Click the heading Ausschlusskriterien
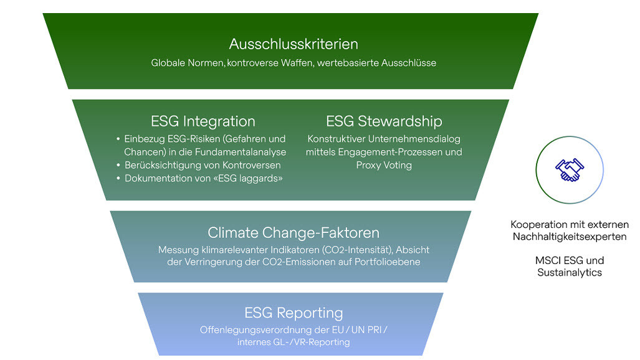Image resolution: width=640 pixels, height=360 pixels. pos(294,44)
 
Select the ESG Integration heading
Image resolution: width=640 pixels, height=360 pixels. pos(203,121)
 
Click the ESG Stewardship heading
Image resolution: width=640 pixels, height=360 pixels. pos(384,121)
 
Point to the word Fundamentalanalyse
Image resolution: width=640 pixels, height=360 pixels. pos(241,152)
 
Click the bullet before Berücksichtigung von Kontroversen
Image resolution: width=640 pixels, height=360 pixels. pos(118,165)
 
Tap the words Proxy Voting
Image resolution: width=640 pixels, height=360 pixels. pos(384,165)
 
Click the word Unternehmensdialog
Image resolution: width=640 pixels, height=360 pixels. pos(414,139)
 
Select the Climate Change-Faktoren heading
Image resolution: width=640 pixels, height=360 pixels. pos(294,233)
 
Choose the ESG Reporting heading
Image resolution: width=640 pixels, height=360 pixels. pos(294,313)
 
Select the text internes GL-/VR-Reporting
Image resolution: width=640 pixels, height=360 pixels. pos(294,342)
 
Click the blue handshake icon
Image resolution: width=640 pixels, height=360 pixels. pos(570,170)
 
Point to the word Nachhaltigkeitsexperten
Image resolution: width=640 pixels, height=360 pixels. pos(570,237)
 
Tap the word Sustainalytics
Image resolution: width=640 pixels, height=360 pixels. pos(570,273)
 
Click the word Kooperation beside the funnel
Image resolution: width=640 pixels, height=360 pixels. pos(536,224)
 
